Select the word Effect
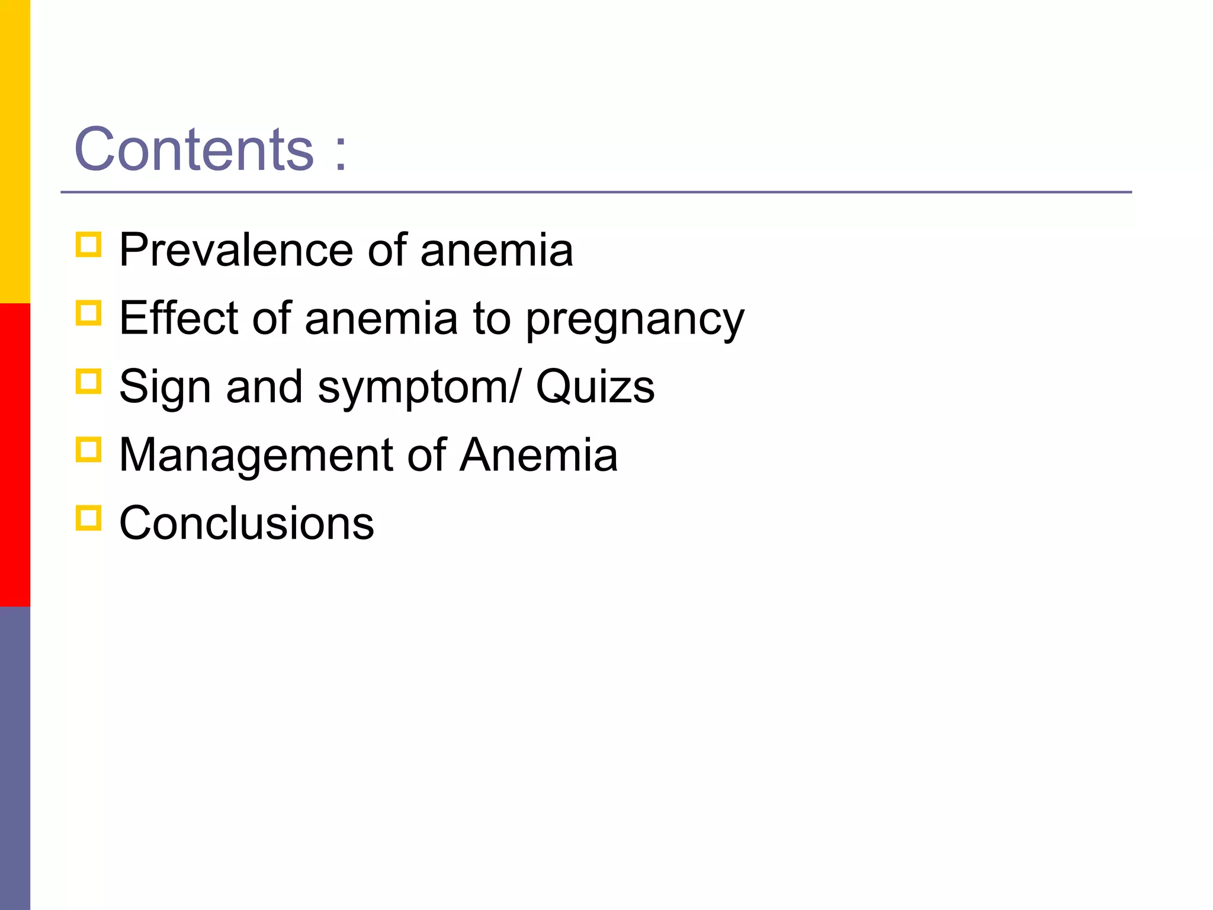tap(178, 318)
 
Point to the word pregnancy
tap(635, 320)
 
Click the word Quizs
tap(595, 386)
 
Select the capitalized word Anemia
tap(539, 454)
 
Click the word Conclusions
tap(246, 523)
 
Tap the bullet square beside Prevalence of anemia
tap(89, 244)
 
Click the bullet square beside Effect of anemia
tap(89, 313)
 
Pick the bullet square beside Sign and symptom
tap(89, 381)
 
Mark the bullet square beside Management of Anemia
tap(89, 449)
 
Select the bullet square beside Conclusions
tap(89, 517)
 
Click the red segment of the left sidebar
tap(15, 455)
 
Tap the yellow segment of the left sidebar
tap(15, 152)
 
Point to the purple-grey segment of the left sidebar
tap(15, 758)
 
